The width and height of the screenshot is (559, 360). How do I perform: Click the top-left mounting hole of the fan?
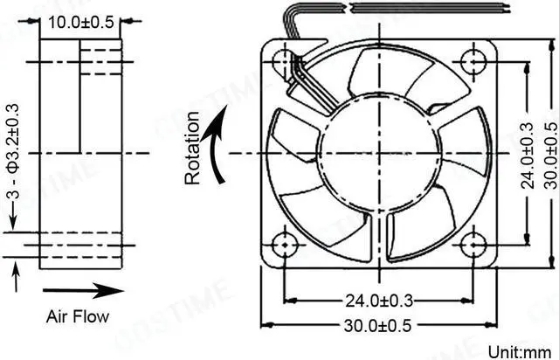284,62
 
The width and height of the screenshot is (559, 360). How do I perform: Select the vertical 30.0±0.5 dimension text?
549,156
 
